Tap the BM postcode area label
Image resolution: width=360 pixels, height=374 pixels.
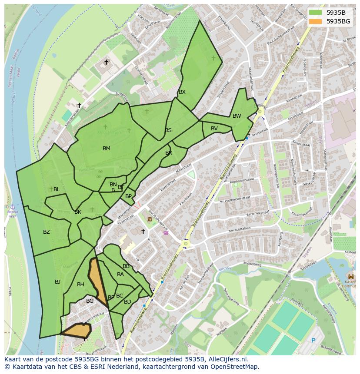pos(107,149)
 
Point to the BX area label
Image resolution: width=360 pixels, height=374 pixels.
pos(182,92)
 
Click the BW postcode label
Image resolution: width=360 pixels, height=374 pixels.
pos(237,116)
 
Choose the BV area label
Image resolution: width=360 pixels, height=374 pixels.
pos(214,129)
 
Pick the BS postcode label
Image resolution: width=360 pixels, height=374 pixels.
pos(168,130)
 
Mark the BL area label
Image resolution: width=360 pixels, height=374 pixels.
pos(57,189)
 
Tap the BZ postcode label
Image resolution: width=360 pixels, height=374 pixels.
pos(47,232)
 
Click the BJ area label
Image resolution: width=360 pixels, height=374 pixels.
pos(57,282)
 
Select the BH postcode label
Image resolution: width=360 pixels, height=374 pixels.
pos(80,285)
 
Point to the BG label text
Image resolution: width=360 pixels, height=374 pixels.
pos(90,301)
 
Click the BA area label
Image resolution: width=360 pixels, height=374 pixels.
pos(120,275)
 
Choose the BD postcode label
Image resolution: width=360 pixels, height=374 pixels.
pos(127,302)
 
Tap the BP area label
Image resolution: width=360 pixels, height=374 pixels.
pos(128,196)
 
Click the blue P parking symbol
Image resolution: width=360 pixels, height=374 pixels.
pos(313,341)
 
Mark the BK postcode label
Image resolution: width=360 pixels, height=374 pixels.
pos(78,212)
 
